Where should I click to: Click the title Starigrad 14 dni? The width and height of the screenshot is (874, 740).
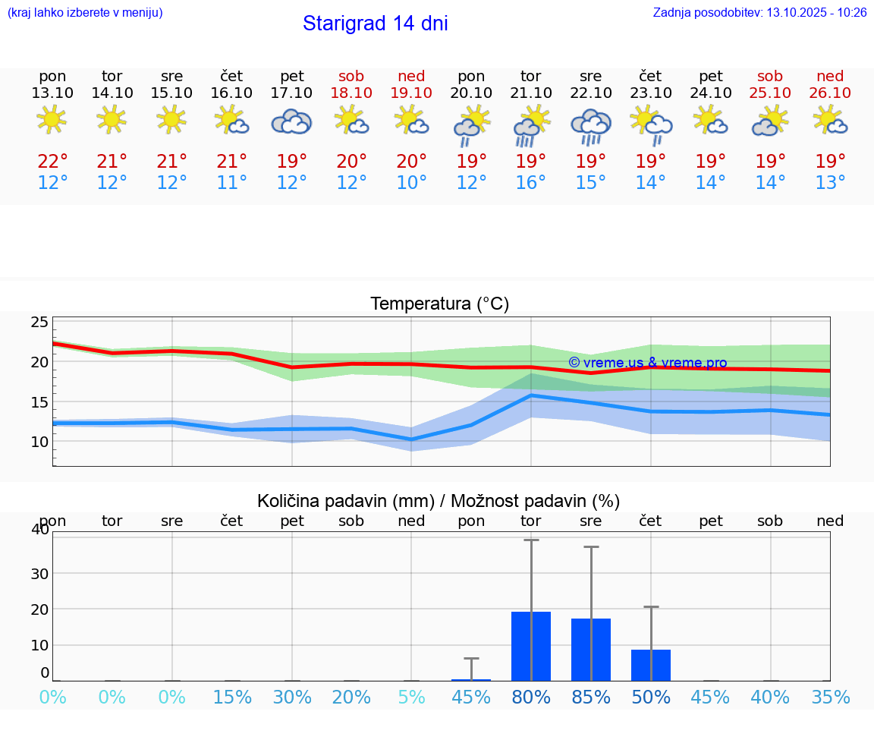pyautogui.click(x=375, y=24)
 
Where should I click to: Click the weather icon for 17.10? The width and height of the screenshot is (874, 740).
pyautogui.click(x=292, y=121)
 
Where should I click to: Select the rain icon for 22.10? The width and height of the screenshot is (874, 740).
pyautogui.click(x=591, y=126)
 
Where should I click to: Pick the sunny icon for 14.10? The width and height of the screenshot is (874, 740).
pyautogui.click(x=112, y=119)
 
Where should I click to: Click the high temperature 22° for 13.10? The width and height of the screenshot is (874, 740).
pyautogui.click(x=52, y=162)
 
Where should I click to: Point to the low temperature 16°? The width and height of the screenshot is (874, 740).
pyautogui.click(x=531, y=183)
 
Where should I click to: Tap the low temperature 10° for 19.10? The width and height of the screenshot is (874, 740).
pyautogui.click(x=411, y=183)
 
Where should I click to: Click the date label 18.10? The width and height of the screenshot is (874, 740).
pyautogui.click(x=351, y=93)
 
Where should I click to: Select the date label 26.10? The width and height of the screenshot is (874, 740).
pyautogui.click(x=830, y=93)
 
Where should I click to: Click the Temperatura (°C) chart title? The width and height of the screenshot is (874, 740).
pyautogui.click(x=439, y=304)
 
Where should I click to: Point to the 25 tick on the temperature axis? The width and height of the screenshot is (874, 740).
pyautogui.click(x=39, y=323)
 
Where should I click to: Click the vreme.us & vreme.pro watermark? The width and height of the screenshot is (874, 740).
pyautogui.click(x=647, y=363)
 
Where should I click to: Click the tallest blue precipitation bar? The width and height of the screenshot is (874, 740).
pyautogui.click(x=531, y=646)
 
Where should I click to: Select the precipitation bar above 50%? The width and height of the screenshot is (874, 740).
pyautogui.click(x=651, y=665)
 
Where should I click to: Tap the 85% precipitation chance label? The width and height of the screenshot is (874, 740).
pyautogui.click(x=591, y=697)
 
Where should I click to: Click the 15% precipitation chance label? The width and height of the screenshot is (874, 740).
pyautogui.click(x=232, y=697)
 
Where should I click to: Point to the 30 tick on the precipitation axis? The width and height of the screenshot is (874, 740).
pyautogui.click(x=39, y=573)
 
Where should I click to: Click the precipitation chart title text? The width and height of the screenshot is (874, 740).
pyautogui.click(x=439, y=501)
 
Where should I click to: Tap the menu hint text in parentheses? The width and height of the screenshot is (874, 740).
pyautogui.click(x=85, y=13)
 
